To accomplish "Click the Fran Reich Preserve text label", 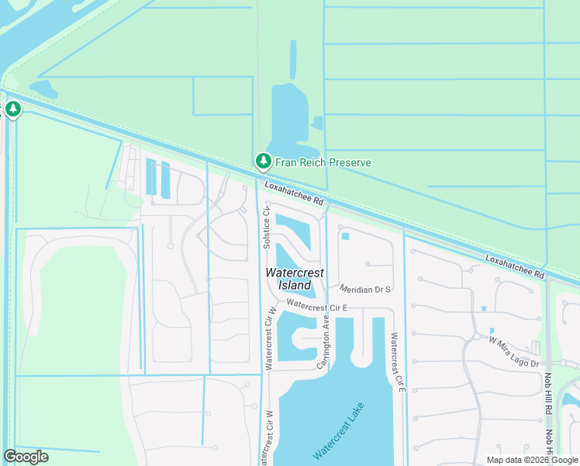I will (323, 162).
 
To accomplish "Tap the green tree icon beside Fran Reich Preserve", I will (264, 162).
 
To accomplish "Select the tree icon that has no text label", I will (13, 109).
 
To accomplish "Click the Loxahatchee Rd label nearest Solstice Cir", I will (294, 194).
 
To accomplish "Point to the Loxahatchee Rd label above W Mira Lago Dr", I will (516, 266).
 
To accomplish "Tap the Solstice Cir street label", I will (266, 227).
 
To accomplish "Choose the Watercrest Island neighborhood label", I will (295, 279).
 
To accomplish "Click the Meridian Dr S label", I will (364, 289).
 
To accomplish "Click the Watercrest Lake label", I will (338, 430).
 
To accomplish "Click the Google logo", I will (26, 457).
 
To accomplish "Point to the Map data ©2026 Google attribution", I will (532, 460).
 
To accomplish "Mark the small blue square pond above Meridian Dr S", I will (345, 236).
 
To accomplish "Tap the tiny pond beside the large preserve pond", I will (318, 123).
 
